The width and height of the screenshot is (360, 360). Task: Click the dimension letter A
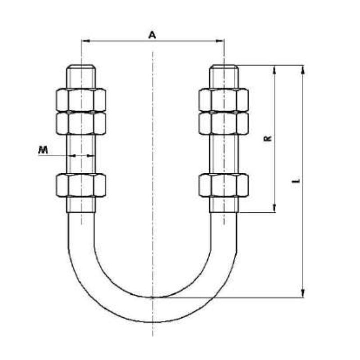pos(152,35)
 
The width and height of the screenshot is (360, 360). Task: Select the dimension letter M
pos(43,150)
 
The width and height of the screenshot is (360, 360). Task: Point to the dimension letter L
pos(296,181)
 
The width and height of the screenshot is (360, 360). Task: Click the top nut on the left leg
pos(81,100)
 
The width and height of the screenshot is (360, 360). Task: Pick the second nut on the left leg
pos(81,123)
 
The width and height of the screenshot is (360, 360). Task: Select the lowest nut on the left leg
pos(81,185)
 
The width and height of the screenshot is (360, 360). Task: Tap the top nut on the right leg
pos(224,100)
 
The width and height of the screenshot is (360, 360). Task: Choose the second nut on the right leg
pos(224,123)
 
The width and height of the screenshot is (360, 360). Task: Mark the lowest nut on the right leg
pos(224,185)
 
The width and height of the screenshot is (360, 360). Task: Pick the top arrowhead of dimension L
pos(303,69)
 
